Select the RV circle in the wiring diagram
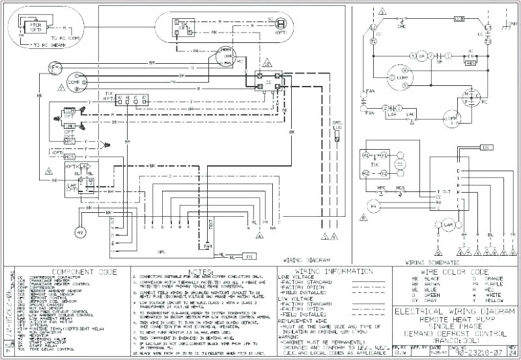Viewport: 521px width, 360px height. click(x=81, y=232)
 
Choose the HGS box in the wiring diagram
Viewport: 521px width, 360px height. click(x=70, y=157)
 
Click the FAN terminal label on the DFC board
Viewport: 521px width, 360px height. click(x=208, y=246)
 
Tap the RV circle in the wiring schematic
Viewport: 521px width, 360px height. click(x=374, y=206)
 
